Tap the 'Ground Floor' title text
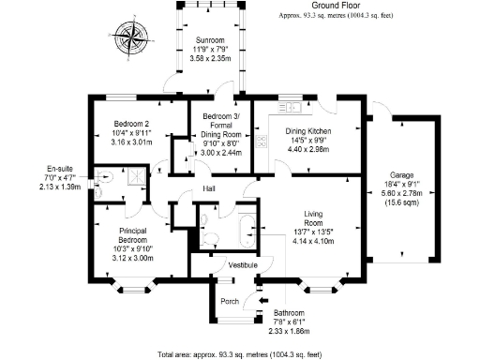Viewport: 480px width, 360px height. pyautogui.click(x=323, y=7)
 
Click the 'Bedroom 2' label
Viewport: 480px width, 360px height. pyautogui.click(x=131, y=124)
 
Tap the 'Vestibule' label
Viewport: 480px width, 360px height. pyautogui.click(x=244, y=265)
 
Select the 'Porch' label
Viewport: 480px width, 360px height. pyautogui.click(x=229, y=301)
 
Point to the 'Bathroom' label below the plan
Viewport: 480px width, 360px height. pyautogui.click(x=289, y=312)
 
